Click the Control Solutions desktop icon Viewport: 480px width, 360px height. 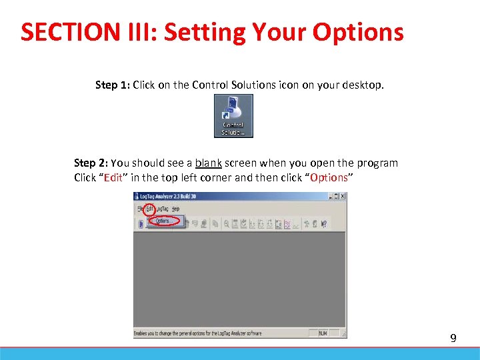[x=233, y=115]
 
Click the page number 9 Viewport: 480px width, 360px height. [x=453, y=339]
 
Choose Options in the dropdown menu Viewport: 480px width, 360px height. [x=163, y=221]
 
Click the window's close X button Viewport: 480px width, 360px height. [x=343, y=197]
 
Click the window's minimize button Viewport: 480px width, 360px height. [x=331, y=197]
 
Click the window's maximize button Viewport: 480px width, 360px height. [x=337, y=197]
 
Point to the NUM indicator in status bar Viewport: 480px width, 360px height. [x=323, y=333]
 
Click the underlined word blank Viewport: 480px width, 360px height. [x=208, y=163]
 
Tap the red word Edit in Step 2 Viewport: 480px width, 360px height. [x=113, y=177]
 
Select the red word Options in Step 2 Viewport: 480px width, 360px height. [x=329, y=177]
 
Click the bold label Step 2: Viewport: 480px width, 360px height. [x=91, y=163]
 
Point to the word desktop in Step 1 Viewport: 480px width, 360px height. [x=363, y=85]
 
